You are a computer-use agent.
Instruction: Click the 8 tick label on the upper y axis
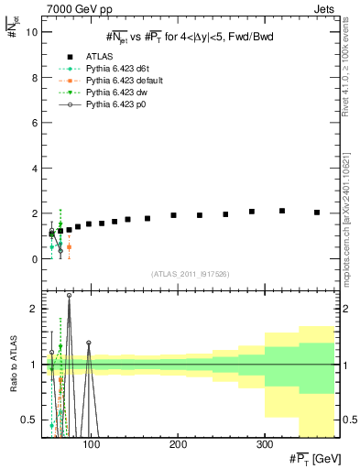[33, 78]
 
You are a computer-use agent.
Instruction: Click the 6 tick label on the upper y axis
[33, 123]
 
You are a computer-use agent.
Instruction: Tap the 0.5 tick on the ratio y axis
[28, 420]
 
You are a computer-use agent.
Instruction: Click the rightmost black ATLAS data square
[317, 213]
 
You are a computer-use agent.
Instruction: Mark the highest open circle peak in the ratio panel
[69, 296]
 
